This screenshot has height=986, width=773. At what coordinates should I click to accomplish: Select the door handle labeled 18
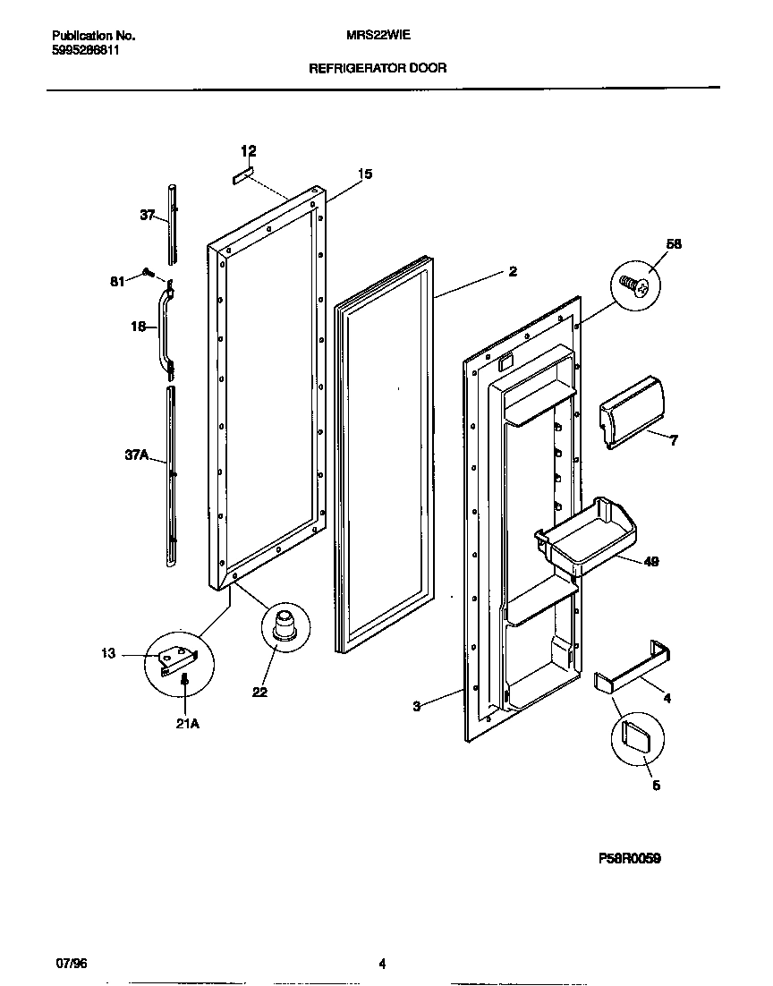(x=165, y=328)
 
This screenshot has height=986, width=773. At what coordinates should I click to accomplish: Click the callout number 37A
(x=136, y=455)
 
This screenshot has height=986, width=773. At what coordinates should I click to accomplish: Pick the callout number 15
(x=365, y=174)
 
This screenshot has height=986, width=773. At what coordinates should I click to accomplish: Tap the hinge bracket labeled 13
(x=178, y=659)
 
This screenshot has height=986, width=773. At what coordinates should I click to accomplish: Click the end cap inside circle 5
(x=636, y=737)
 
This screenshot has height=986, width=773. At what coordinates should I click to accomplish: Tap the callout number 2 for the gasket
(x=513, y=272)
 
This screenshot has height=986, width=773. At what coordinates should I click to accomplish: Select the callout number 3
(x=417, y=707)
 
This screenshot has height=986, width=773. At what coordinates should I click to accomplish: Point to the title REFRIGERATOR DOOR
(x=378, y=68)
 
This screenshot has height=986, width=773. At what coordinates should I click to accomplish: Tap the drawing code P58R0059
(x=630, y=858)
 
